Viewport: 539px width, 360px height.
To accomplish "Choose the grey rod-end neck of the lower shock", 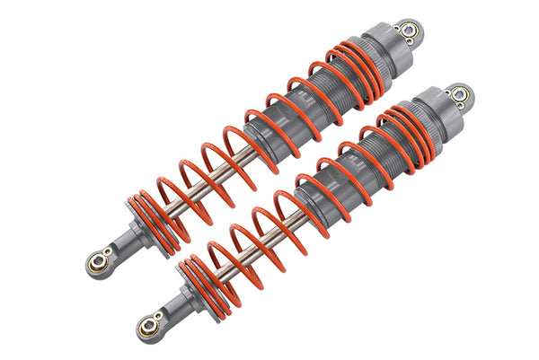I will click(x=176, y=305).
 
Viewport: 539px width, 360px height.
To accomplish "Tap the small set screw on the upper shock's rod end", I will click(x=109, y=253).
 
